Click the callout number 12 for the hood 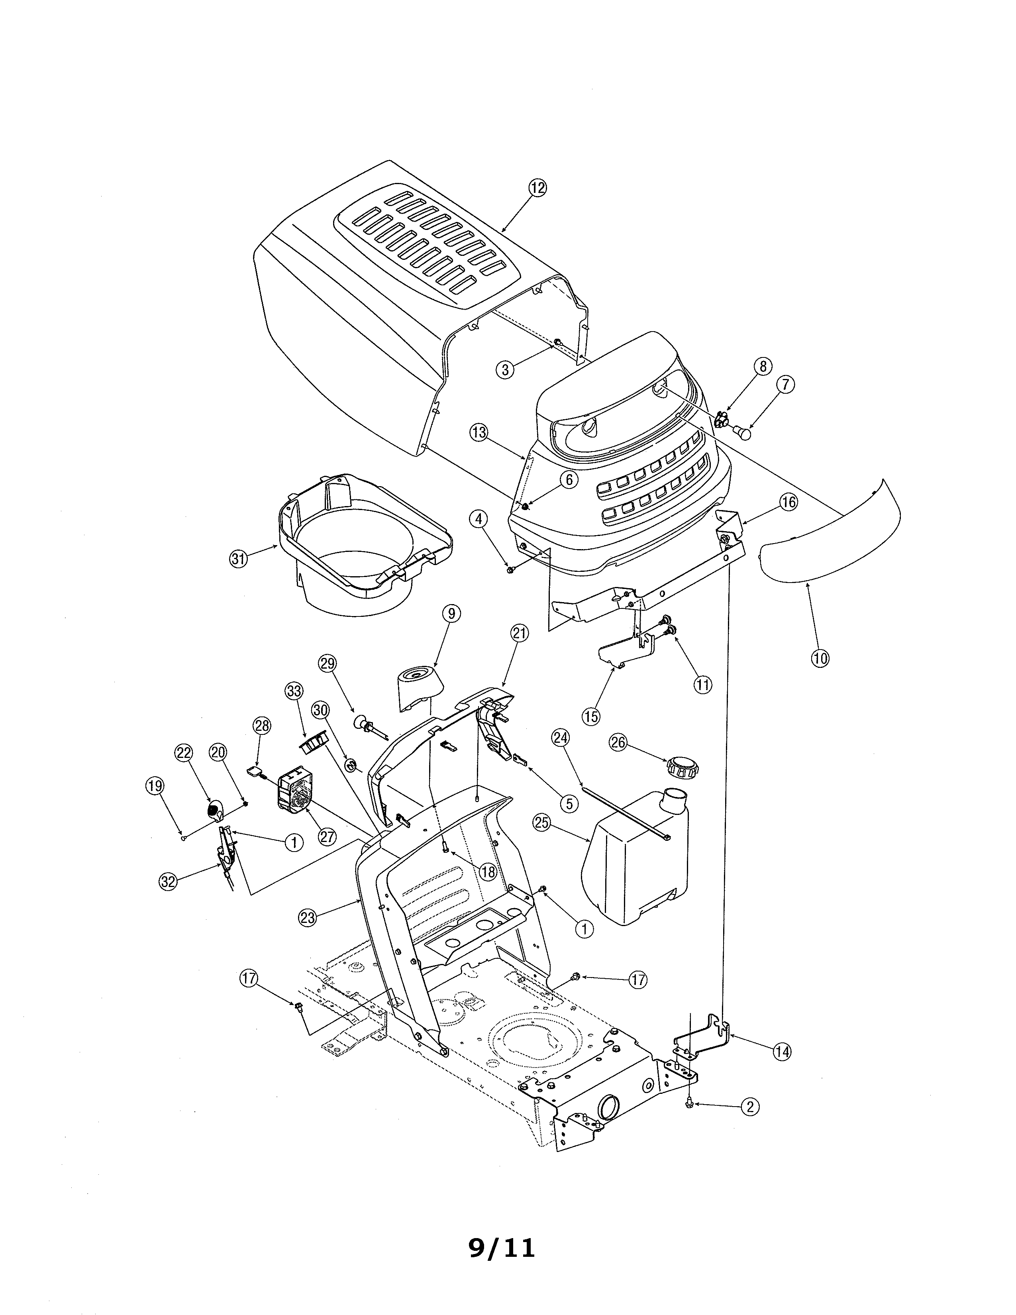tap(537, 188)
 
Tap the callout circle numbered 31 tap(239, 559)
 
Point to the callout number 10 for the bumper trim tap(820, 658)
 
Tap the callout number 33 tap(294, 691)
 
